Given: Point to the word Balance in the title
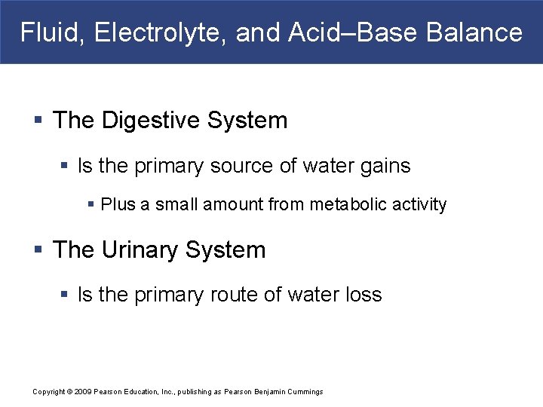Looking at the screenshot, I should pyautogui.click(x=474, y=32).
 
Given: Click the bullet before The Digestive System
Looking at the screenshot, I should pyautogui.click(x=38, y=121).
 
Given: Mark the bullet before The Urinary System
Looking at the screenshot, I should pyautogui.click(x=38, y=251).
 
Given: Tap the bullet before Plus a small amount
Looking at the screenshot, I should pyautogui.click(x=91, y=204).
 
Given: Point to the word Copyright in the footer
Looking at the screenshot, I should pyautogui.click(x=49, y=391).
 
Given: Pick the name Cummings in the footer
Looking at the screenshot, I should pyautogui.click(x=305, y=391).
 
